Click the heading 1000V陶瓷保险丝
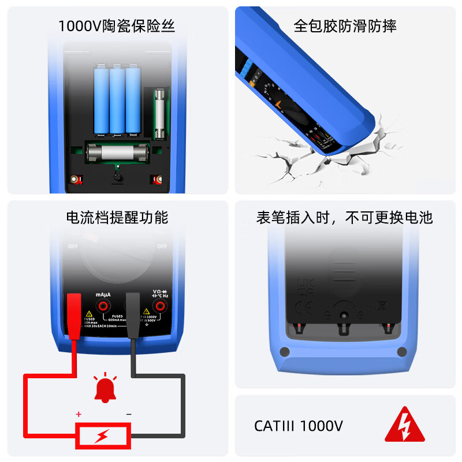coord(116,26)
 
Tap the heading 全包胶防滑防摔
coord(345,26)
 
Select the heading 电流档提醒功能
coord(117,217)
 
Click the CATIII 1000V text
coord(299,426)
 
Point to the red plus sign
coord(79,414)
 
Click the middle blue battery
coord(117,101)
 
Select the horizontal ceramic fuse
coord(117,154)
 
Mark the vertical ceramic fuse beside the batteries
coord(160,113)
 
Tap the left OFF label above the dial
coord(73,246)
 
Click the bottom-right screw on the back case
coord(402,352)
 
